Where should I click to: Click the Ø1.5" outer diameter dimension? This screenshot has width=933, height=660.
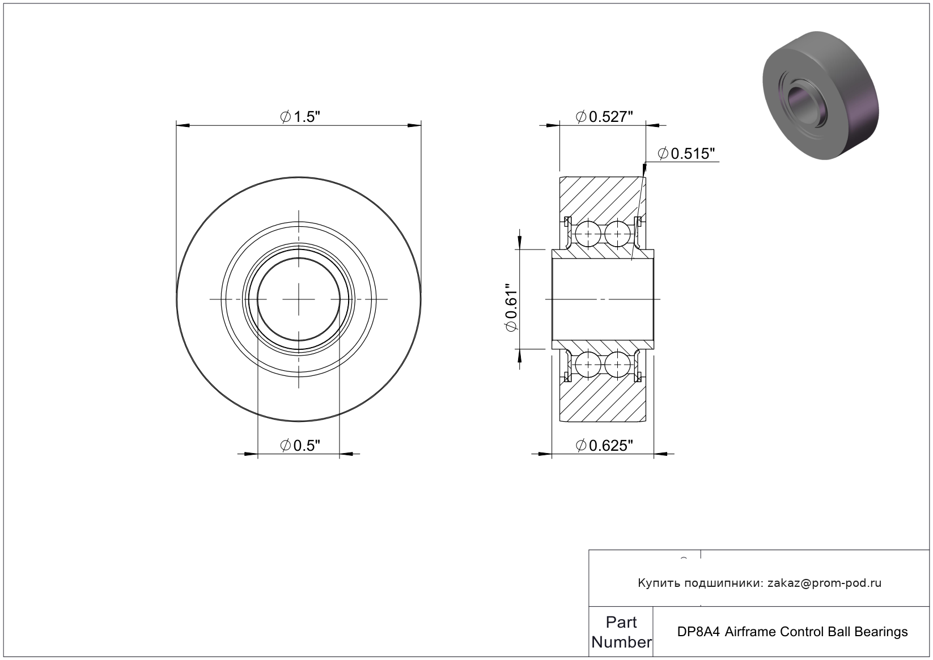[300, 117]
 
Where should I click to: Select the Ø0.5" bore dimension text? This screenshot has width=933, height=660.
[300, 446]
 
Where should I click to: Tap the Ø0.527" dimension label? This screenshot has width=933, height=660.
[604, 117]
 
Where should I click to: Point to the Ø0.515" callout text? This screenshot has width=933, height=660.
[686, 154]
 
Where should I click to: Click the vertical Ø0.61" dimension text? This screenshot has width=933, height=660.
[511, 308]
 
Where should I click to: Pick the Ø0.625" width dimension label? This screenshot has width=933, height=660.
[604, 446]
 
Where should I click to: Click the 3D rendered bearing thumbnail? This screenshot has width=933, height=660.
[821, 95]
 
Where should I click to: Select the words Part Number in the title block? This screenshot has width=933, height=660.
[621, 632]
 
